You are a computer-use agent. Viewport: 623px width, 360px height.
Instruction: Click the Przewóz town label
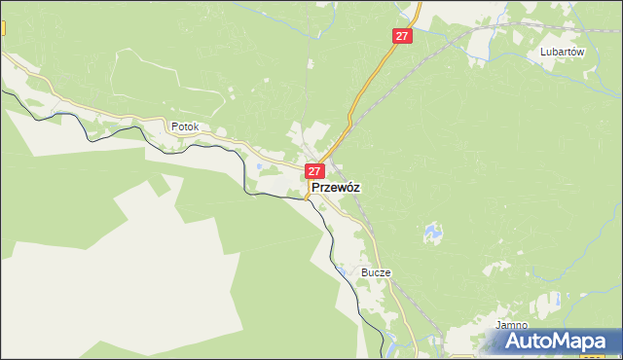[337, 188]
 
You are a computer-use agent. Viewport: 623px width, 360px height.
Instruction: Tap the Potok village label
[185, 126]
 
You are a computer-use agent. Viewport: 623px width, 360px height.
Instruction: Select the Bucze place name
[376, 273]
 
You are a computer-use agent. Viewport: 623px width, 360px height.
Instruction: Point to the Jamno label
[511, 325]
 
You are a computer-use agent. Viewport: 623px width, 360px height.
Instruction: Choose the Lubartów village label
[562, 54]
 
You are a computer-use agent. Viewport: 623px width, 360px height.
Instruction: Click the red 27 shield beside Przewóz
[314, 171]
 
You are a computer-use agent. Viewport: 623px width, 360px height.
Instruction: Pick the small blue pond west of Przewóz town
[260, 166]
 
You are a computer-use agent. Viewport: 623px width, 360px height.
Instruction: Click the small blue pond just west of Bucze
[343, 269]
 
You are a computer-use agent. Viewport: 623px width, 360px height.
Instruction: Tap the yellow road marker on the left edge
[2, 29]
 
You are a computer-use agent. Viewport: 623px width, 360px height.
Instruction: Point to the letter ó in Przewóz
[347, 187]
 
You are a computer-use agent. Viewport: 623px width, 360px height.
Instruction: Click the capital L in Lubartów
[543, 54]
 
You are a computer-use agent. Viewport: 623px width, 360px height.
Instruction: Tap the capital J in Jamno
[497, 325]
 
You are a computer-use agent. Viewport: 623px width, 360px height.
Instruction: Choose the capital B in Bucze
[364, 273]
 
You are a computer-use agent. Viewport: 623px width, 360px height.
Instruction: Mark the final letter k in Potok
[197, 126]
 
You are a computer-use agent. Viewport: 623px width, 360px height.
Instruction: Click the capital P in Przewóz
[315, 188]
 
